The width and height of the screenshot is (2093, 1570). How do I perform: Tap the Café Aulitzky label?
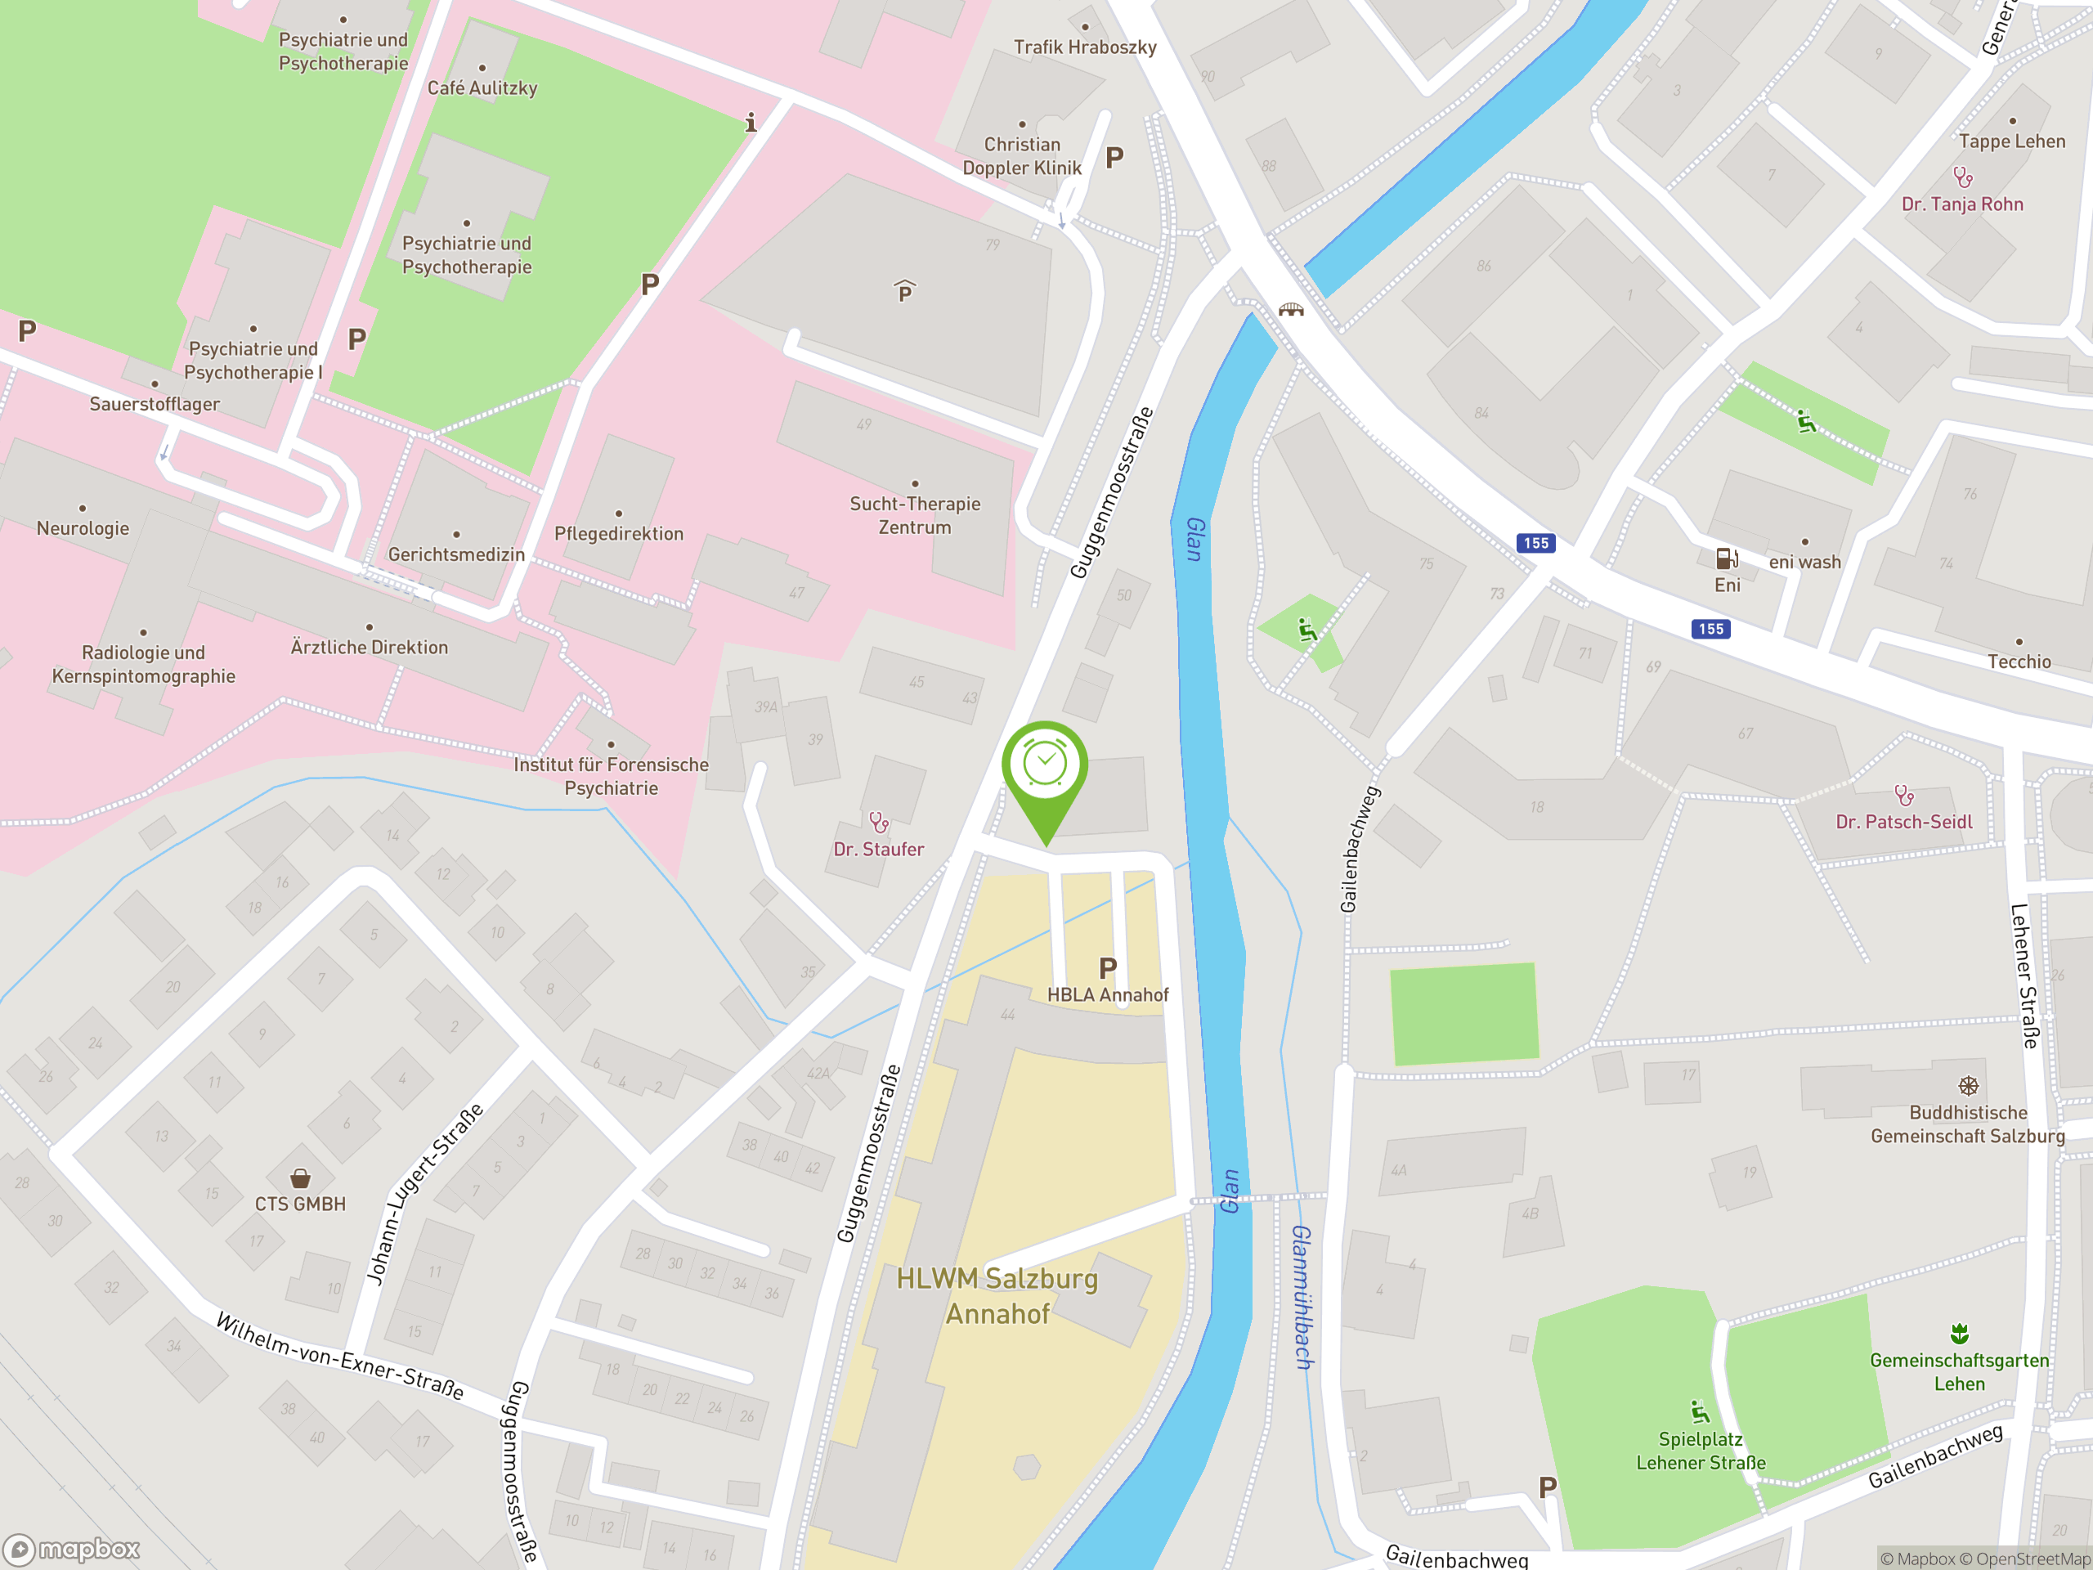[482, 88]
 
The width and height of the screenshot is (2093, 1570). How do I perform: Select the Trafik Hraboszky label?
[1084, 47]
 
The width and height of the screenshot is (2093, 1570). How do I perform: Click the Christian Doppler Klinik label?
[1021, 156]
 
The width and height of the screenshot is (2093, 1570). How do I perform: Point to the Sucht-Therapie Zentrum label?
[914, 516]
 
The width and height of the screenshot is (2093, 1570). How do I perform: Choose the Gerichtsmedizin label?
[456, 554]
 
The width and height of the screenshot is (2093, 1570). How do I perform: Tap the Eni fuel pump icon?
[1727, 558]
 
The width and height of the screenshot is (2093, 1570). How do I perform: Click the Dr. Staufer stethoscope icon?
[879, 822]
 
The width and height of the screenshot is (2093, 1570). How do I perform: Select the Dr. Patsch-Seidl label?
[1904, 823]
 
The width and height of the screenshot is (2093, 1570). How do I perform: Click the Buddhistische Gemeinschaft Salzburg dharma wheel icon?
[1968, 1085]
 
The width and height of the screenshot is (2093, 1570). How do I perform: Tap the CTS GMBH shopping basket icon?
[300, 1178]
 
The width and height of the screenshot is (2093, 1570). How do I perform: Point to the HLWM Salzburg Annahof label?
[997, 1297]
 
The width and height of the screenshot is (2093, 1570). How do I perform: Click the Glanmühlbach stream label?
[1302, 1297]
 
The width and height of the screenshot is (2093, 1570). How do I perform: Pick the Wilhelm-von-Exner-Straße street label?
[339, 1356]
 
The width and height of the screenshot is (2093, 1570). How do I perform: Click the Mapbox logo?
[72, 1550]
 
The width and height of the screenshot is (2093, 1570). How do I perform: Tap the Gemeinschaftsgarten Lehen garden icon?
[1959, 1334]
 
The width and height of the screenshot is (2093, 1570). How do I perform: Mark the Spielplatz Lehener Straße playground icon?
[1701, 1413]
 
